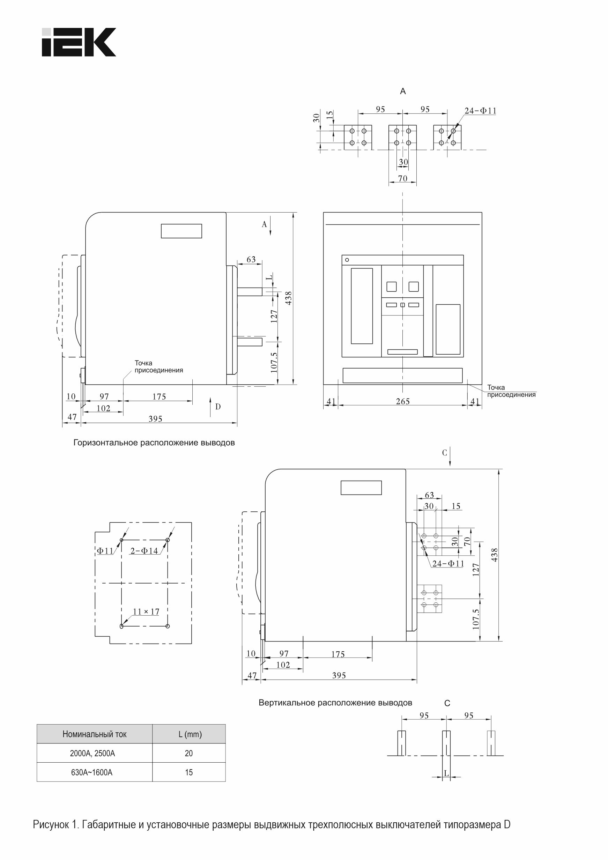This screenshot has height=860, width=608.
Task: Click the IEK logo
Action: [x=79, y=42]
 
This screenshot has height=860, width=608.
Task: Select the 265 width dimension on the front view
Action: [x=403, y=401]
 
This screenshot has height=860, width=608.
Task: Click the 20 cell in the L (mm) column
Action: [x=189, y=753]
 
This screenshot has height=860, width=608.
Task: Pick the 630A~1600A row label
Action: [x=92, y=772]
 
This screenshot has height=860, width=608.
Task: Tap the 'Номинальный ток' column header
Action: [x=94, y=734]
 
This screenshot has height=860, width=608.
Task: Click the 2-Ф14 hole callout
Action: [x=144, y=551]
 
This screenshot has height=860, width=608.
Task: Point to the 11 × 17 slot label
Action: [x=146, y=611]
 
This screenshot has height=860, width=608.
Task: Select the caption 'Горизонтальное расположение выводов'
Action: [x=154, y=443]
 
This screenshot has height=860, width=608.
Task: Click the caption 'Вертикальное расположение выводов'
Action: [x=335, y=703]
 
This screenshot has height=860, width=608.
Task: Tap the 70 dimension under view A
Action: [x=403, y=179]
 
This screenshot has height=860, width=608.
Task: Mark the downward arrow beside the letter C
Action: [x=451, y=457]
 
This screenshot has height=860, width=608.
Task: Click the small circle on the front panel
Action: [x=347, y=260]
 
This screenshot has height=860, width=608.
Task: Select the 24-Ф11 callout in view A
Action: [x=481, y=111]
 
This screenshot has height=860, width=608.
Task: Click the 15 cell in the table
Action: [x=189, y=772]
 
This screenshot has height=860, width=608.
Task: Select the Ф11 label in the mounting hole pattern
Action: [x=105, y=551]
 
